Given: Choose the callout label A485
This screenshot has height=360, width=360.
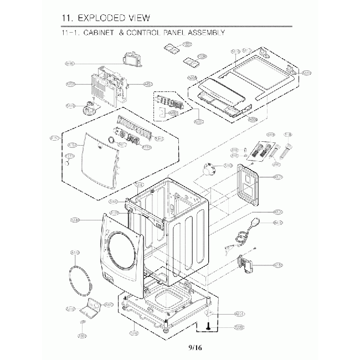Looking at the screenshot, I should pos(70,64).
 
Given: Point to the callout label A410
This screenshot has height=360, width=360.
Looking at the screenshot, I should pos(278,265).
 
